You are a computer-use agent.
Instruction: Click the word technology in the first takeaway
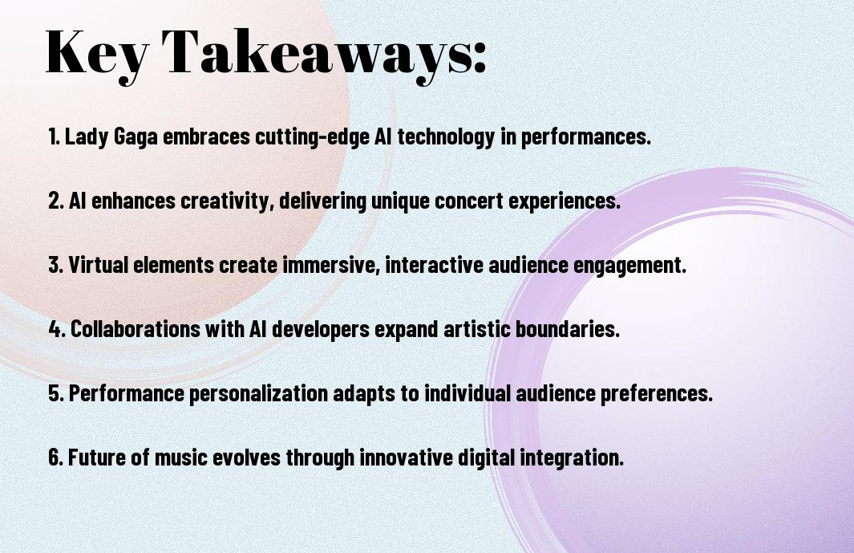pos(446,136)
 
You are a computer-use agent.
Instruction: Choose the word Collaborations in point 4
pos(135,329)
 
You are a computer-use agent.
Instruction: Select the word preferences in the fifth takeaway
pos(656,393)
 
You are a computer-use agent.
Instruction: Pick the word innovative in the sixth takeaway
pos(406,457)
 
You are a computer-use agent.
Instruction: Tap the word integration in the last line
pos(571,457)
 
